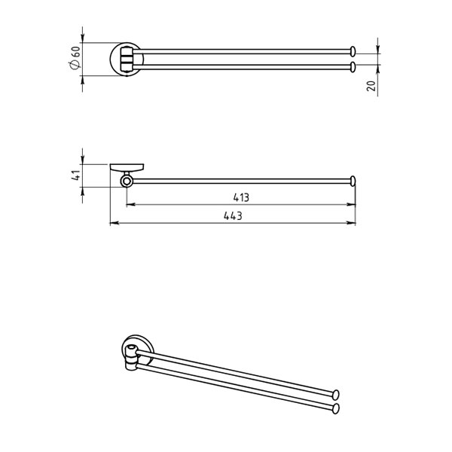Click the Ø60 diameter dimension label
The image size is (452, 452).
[75, 58]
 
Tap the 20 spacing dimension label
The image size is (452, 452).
[371, 86]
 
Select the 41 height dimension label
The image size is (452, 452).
[75, 176]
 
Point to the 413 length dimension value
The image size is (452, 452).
[241, 197]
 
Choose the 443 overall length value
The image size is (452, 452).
[233, 216]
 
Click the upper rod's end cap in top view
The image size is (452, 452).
[353, 51]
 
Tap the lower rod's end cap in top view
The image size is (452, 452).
[353, 67]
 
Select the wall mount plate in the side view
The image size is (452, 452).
[127, 167]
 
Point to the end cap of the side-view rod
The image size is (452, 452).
[353, 181]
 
